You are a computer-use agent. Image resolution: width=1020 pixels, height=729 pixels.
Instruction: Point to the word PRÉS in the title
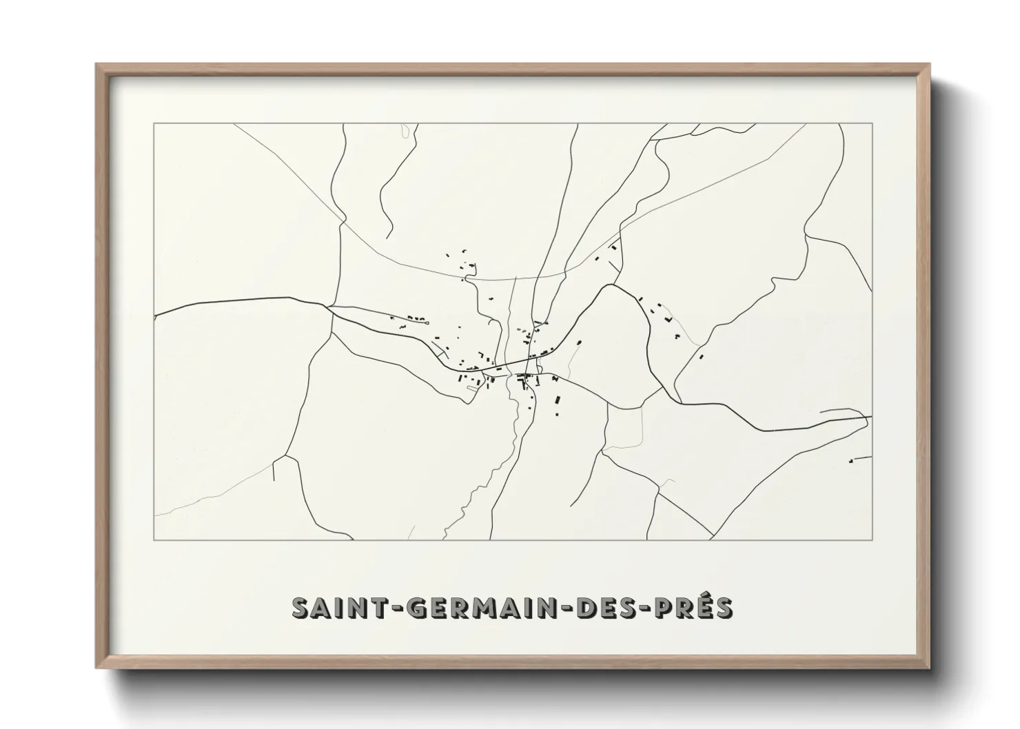point(699,608)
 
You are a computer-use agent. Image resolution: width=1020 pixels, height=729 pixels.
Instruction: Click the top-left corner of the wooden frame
point(96,65)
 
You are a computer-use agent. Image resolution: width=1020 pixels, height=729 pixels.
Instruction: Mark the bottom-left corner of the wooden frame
point(96,668)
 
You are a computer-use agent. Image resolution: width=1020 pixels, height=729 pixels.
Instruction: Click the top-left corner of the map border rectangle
point(154,124)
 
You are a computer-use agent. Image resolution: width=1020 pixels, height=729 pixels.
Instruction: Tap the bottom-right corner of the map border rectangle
point(873,540)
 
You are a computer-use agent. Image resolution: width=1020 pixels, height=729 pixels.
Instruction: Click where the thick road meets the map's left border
point(154,316)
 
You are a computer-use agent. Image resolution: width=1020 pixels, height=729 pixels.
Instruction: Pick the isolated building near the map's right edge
point(852,460)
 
